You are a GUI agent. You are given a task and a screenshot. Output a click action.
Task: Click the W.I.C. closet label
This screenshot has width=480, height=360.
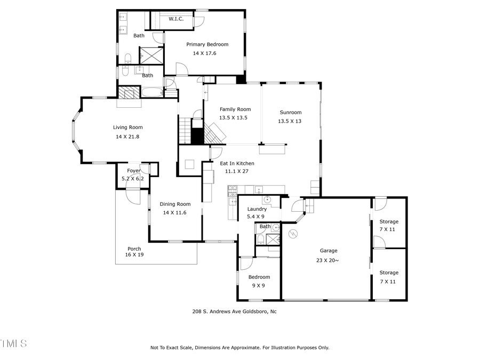[177, 19]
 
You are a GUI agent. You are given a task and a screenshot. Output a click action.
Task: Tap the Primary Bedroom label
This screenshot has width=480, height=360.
[207, 44]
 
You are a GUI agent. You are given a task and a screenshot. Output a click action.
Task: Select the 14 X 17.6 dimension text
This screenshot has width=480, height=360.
[204, 53]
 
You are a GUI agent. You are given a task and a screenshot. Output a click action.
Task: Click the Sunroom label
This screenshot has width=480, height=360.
[290, 113]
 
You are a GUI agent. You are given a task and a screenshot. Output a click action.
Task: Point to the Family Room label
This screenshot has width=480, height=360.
[235, 109]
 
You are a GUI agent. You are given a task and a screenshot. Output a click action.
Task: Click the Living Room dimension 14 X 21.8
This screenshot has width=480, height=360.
[127, 137]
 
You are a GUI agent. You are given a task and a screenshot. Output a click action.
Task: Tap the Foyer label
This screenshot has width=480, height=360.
[133, 171]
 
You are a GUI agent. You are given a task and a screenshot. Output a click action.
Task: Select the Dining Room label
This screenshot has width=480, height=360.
[175, 204]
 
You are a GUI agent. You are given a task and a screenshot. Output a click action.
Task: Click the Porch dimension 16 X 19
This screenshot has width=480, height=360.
[134, 255]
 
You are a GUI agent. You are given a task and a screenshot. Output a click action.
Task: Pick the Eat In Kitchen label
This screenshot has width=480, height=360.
[237, 163]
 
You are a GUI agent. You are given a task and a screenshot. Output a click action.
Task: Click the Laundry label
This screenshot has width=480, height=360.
[257, 209]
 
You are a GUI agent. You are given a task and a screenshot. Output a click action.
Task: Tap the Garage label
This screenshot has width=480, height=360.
[329, 250]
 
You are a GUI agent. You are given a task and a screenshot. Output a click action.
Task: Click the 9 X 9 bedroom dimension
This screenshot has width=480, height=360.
[258, 285]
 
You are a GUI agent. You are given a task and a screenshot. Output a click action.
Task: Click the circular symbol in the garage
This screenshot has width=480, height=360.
[292, 234]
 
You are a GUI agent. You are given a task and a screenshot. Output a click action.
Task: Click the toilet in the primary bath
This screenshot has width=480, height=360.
[127, 58]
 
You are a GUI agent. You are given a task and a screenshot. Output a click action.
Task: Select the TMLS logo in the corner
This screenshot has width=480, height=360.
[13, 343]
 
